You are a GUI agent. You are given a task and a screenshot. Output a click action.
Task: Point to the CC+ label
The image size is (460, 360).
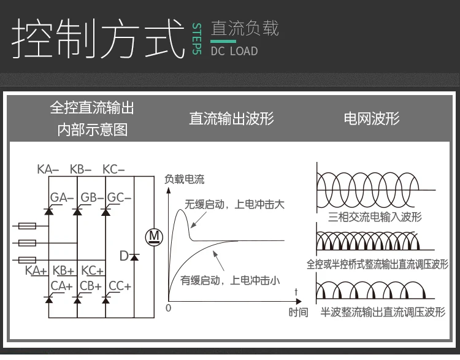point(120,286)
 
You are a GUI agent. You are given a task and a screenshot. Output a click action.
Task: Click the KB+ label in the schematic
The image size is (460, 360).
point(63,270)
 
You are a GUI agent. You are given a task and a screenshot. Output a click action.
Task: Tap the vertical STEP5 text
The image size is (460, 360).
point(196,39)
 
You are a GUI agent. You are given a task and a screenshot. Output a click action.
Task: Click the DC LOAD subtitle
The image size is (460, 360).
point(234,51)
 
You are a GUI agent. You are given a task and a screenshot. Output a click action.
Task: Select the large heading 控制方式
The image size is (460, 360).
point(98,39)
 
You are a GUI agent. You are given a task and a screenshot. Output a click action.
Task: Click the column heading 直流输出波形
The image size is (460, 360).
point(231,118)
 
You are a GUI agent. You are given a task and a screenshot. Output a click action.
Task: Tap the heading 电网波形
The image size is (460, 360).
point(372,118)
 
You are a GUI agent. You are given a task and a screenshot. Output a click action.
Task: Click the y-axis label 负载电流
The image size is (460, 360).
point(185,180)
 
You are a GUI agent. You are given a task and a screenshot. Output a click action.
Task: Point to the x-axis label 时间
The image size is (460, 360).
point(298,312)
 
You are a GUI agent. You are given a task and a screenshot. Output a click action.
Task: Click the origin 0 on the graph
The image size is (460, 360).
point(169,307)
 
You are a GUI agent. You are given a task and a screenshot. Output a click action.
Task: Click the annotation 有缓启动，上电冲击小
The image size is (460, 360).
point(230,281)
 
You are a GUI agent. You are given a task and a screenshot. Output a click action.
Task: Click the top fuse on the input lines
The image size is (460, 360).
point(27,226)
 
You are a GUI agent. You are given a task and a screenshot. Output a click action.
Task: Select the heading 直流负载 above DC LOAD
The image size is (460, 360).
point(244,28)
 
